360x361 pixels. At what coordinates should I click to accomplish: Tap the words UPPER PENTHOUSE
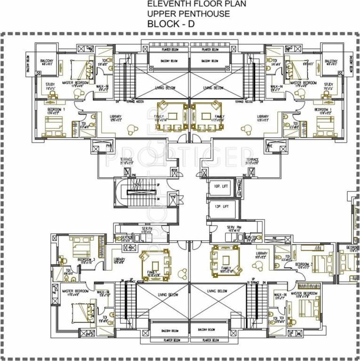point(189,14)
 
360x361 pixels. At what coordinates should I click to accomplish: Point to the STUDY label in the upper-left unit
point(50,85)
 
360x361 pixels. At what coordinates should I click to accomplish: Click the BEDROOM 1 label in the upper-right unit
point(323,110)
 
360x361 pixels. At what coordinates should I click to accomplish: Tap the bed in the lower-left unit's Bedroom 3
point(80,245)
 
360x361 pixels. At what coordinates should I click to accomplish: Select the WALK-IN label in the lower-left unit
point(104,293)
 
